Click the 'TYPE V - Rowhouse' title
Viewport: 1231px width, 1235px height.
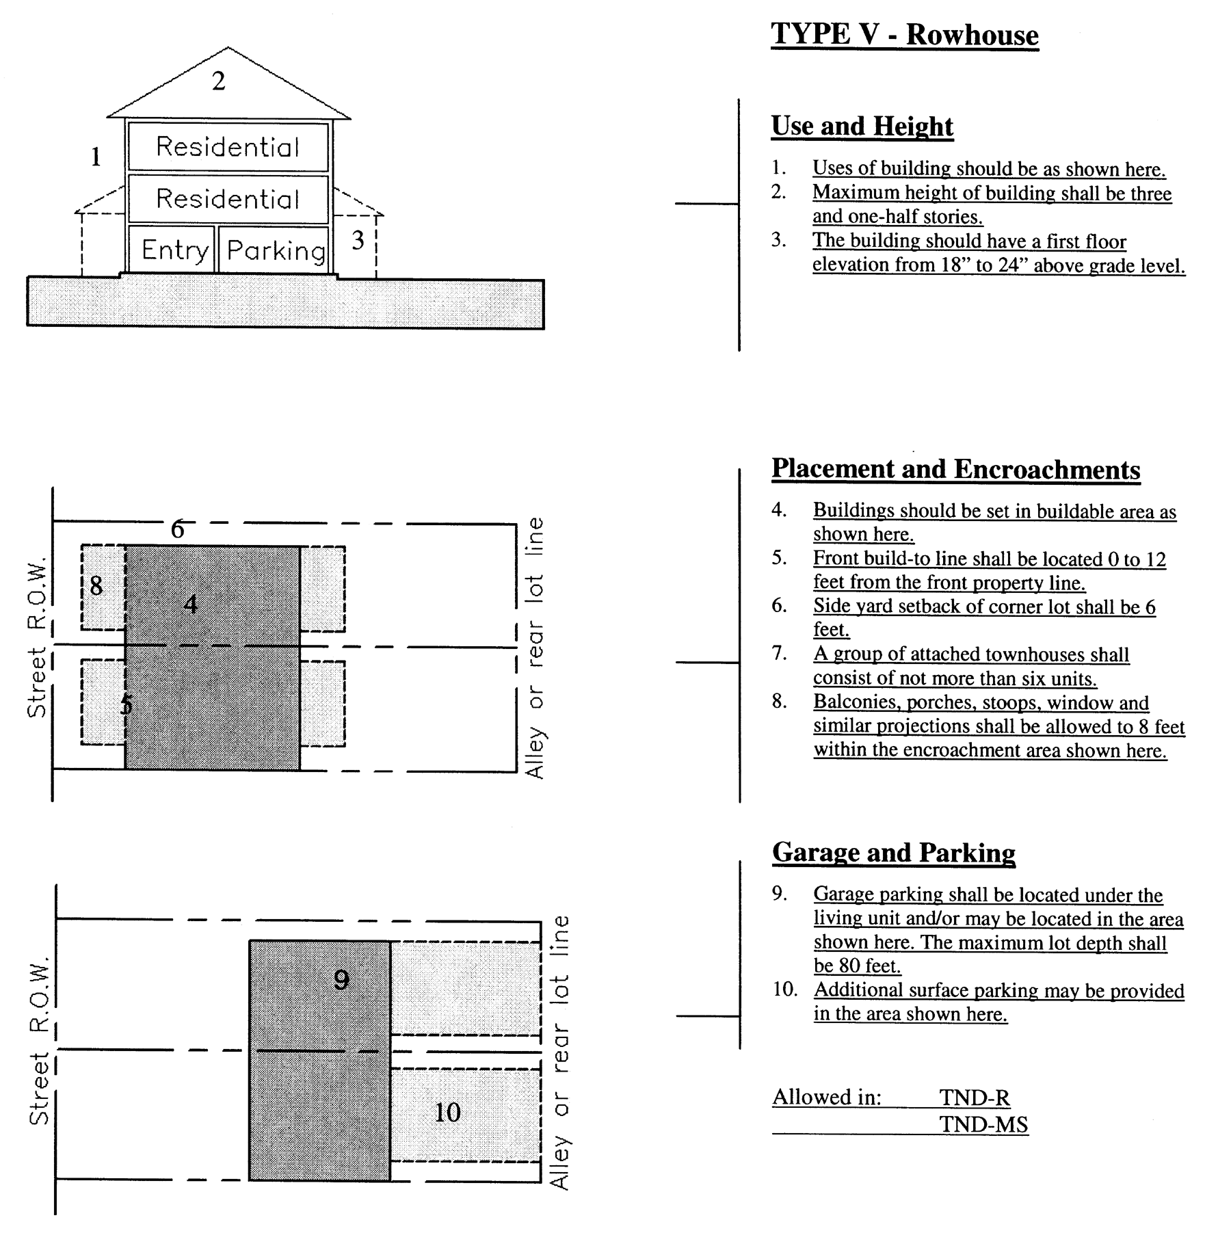point(904,35)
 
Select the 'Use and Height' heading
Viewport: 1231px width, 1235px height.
point(862,127)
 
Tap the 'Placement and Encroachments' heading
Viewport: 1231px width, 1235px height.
point(955,470)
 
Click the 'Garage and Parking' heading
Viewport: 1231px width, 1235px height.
point(893,853)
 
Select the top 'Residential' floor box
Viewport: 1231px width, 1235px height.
point(228,147)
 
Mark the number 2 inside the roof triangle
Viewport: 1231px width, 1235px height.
point(218,81)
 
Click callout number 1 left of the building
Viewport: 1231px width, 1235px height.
point(96,157)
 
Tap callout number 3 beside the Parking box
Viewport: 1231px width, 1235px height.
point(358,240)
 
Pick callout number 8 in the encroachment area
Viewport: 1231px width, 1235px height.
point(96,585)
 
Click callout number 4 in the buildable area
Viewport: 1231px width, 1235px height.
point(191,604)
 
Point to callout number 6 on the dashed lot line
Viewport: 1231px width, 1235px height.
point(177,529)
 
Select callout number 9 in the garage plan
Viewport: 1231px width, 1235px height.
point(341,981)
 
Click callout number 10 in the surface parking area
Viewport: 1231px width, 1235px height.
point(447,1113)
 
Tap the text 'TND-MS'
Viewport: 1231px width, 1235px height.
point(983,1125)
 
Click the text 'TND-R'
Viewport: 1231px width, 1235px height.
point(974,1098)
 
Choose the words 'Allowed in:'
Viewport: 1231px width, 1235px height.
point(826,1098)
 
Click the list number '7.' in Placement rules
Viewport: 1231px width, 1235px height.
point(779,654)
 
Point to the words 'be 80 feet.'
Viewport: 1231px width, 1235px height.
point(857,966)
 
